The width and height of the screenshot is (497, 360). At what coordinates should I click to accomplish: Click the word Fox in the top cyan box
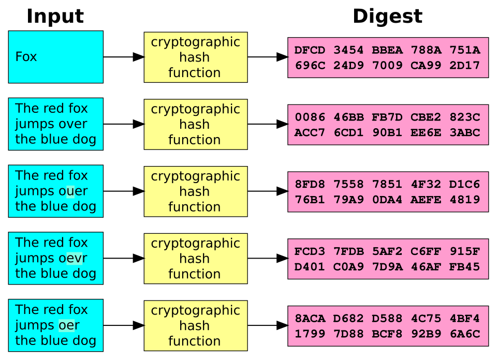pos(26,57)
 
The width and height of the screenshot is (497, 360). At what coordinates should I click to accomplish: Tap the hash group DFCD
pos(310,50)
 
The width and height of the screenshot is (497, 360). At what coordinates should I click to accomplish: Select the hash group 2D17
pos(464,66)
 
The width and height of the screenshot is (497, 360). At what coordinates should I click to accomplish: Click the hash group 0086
pos(310,117)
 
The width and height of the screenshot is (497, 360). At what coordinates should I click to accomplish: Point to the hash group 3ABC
pos(464,133)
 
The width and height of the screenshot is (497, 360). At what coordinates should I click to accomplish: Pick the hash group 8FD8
pos(310,184)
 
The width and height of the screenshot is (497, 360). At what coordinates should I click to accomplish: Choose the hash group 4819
pos(464,200)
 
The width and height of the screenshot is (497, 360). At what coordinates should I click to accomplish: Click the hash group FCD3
pos(310,251)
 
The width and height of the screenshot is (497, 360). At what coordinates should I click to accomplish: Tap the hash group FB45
pos(464,267)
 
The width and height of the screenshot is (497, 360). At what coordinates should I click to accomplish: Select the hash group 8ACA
pos(310,319)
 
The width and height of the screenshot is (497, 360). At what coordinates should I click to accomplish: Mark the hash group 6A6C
pos(464,334)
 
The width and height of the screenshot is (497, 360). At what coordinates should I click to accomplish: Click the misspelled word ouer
pos(72,191)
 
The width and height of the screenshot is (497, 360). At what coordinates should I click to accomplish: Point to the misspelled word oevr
pos(72,258)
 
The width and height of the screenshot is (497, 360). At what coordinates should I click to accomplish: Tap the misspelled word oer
pos(69,325)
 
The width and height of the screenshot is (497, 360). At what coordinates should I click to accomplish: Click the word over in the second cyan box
pos(72,124)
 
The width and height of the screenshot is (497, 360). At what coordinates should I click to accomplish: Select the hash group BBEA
pos(387,50)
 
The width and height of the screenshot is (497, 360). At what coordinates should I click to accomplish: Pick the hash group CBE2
pos(426,117)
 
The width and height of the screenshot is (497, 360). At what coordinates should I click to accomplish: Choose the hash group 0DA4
pos(387,200)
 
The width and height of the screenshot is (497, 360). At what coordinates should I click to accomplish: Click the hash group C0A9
pos(348,267)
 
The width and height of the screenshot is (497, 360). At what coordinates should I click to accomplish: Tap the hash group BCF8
pos(387,334)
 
